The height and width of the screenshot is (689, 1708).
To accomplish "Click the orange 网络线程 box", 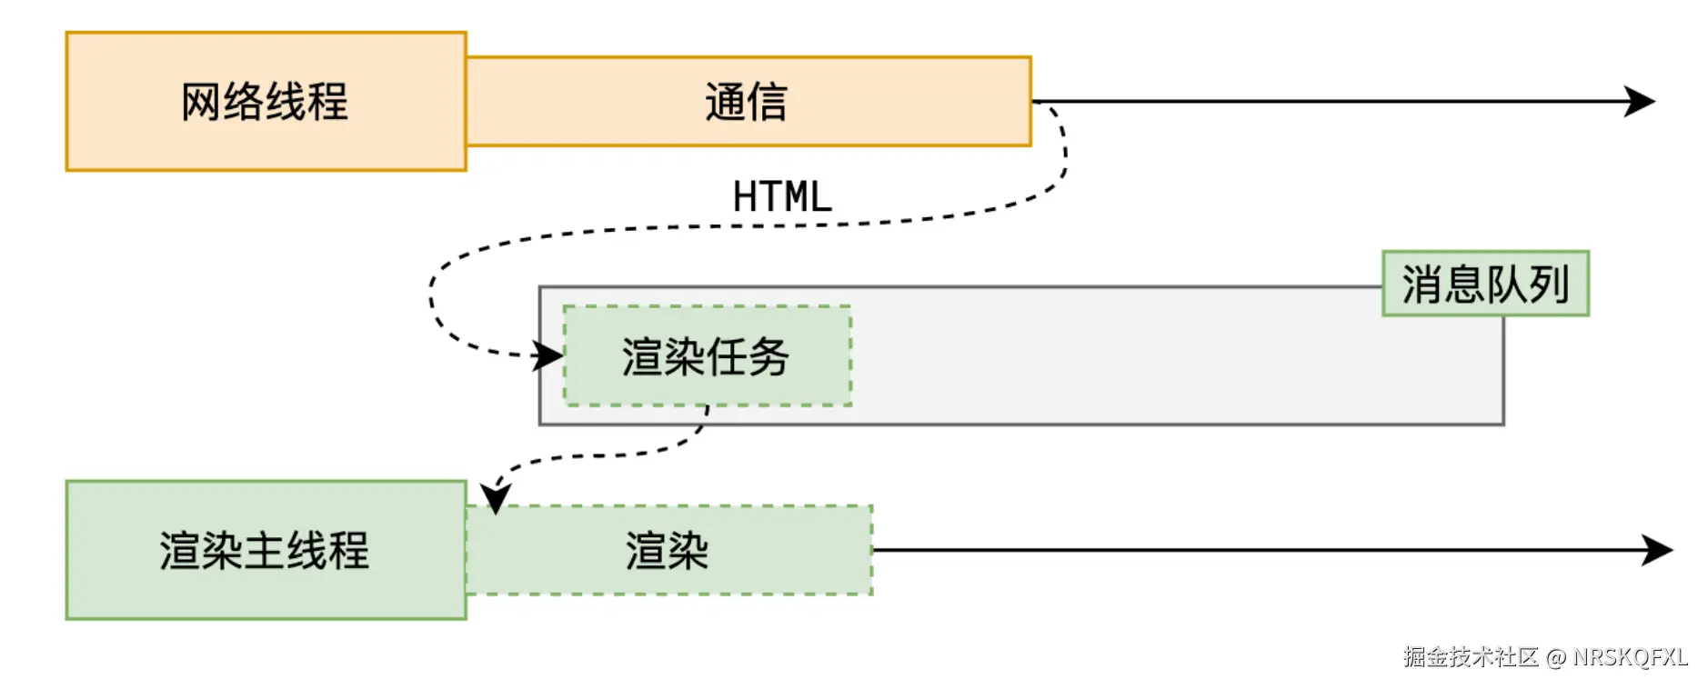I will coord(266,101).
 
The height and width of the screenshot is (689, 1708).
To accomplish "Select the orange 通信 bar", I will coord(748,101).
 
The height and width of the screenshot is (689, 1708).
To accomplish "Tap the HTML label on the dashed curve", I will coord(782,196).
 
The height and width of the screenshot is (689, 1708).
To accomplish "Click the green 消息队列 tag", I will coord(1484,284).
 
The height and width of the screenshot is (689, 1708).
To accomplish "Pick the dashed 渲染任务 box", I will coord(707,356).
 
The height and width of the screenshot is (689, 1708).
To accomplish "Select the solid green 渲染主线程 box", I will coord(266,550).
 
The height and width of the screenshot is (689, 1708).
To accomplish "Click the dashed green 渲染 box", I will coord(668,550).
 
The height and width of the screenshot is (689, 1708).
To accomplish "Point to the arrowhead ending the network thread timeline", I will coord(1639,101).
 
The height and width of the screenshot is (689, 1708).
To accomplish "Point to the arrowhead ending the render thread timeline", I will coord(1657,550).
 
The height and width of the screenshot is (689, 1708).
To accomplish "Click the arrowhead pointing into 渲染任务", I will coord(548,355).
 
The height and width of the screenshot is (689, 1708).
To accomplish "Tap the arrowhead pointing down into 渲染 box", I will coord(496,499).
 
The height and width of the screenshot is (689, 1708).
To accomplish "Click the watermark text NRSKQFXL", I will coord(1630,657).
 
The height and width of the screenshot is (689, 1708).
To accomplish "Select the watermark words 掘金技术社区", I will coord(1470,657).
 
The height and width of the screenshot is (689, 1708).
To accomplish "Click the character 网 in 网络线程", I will coord(201,101).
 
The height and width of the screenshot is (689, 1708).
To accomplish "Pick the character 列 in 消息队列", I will coord(1549,284).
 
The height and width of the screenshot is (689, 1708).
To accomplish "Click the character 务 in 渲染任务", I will coord(769,356).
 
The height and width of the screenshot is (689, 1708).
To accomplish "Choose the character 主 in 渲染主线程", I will coord(265,550).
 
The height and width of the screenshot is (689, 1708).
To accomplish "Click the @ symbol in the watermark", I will coord(1556,657).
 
